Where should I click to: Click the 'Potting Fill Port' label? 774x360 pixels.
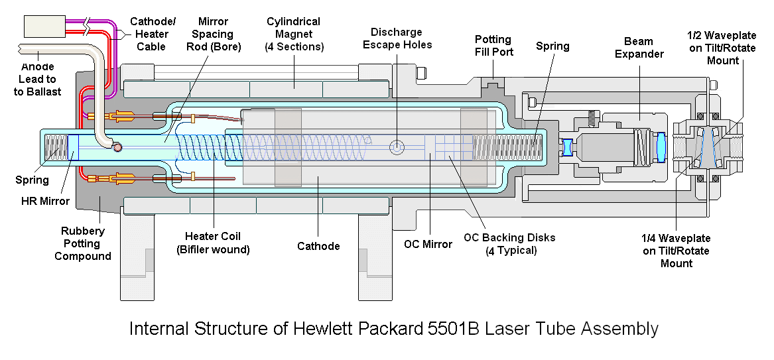(x=493, y=45)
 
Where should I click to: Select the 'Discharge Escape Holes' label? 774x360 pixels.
(x=397, y=38)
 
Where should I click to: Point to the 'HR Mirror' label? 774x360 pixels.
(x=45, y=201)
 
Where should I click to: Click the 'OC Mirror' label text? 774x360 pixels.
(x=428, y=244)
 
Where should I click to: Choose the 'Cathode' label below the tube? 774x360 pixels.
(x=318, y=245)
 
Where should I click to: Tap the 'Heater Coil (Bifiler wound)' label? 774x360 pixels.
(x=214, y=243)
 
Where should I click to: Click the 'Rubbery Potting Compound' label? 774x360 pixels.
(x=83, y=243)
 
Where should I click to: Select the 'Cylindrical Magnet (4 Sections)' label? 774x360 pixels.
(x=294, y=34)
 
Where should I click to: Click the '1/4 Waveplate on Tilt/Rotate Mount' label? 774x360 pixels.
(x=677, y=251)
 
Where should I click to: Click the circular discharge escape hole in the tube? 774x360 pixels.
(x=397, y=147)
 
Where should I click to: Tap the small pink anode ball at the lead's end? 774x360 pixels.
(x=117, y=147)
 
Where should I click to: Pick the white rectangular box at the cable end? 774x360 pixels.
(x=44, y=26)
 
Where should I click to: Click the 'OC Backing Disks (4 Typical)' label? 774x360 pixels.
(x=509, y=243)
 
